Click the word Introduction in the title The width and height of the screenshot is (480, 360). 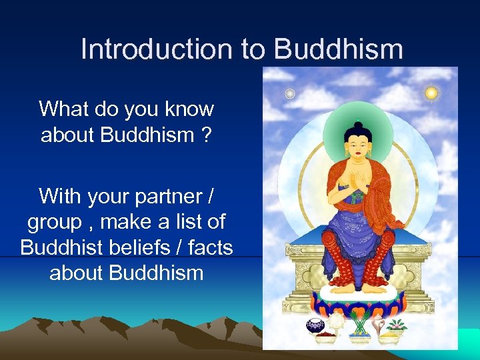pyautogui.click(x=162, y=50)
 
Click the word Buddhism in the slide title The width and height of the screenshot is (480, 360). pyautogui.click(x=338, y=50)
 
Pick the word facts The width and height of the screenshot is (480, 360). pyautogui.click(x=210, y=247)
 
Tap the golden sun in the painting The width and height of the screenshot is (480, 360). pyautogui.click(x=431, y=93)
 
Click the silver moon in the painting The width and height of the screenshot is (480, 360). pyautogui.click(x=290, y=94)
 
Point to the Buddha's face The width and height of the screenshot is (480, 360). pyautogui.click(x=359, y=144)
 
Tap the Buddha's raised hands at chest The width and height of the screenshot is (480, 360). pyautogui.click(x=358, y=182)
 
